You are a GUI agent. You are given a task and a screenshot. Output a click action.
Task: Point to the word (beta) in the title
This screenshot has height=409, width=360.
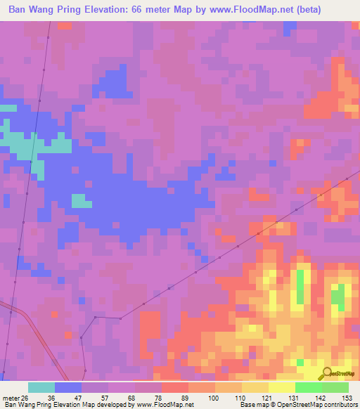pos(336,10)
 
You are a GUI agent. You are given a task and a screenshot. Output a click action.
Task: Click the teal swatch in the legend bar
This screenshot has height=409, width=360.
pos(41,388)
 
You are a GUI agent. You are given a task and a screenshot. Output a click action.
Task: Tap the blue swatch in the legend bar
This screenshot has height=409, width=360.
pos(68,388)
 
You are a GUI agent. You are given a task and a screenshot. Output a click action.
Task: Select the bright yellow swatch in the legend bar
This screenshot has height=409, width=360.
pos(282,388)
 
